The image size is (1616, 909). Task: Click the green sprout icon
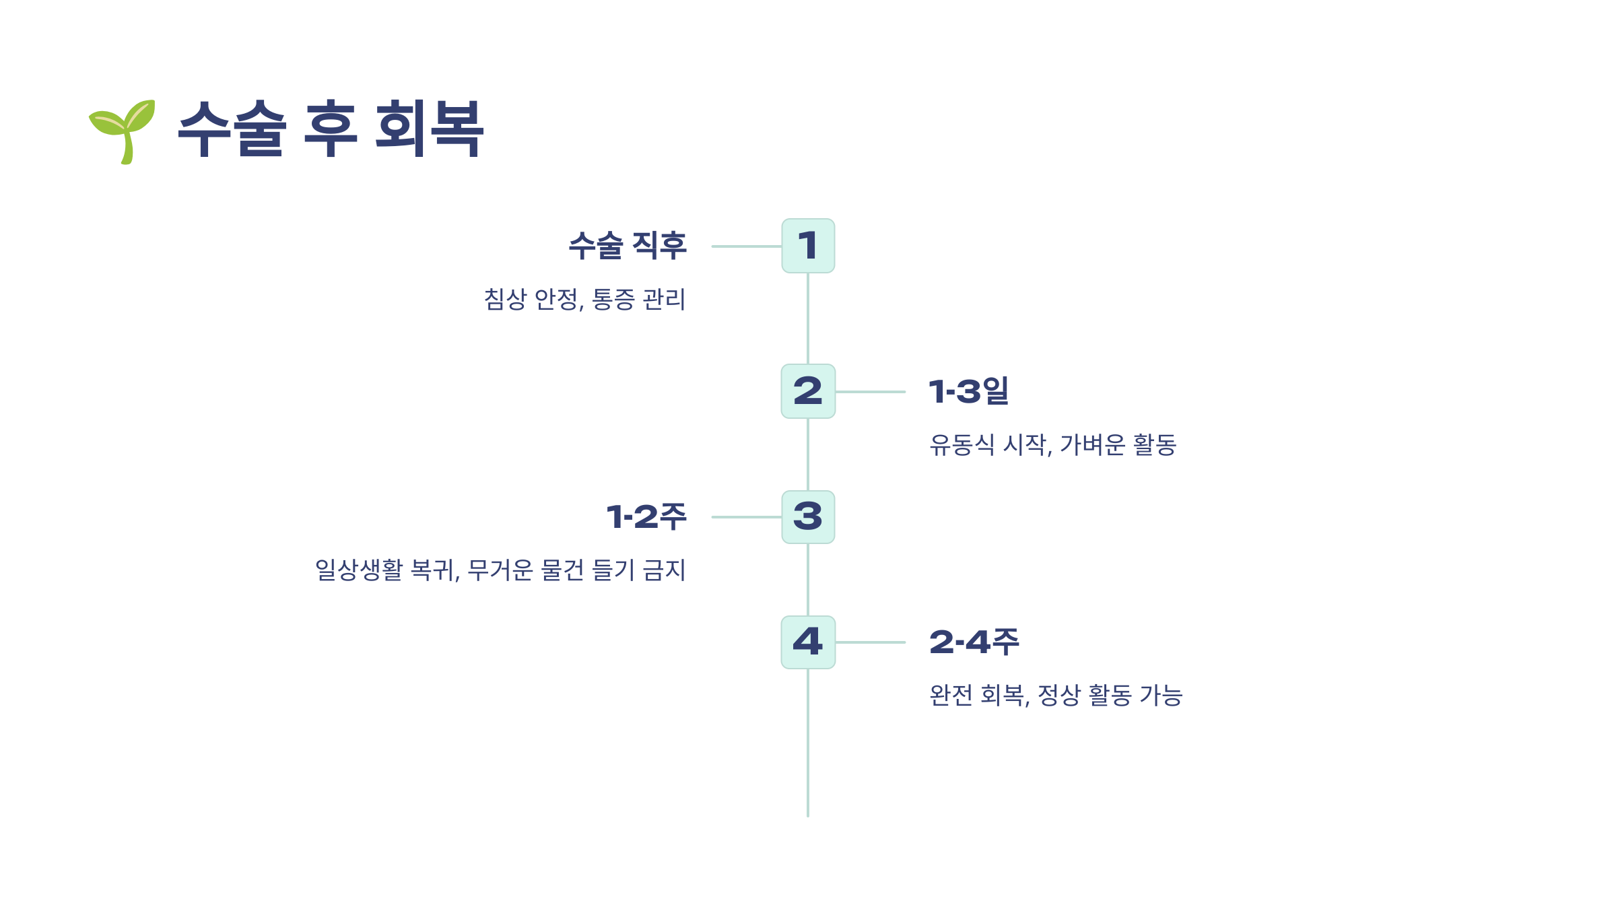123,131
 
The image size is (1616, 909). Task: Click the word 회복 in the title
429,129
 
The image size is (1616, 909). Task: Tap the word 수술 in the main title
232,129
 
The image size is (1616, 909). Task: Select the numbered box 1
808,246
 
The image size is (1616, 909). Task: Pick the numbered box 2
808,391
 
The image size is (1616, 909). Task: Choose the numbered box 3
808,517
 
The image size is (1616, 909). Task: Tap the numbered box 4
808,642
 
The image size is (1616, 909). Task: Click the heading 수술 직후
628,245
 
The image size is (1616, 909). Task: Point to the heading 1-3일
969,391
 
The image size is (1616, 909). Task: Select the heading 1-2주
646,517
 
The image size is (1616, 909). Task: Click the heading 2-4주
974,642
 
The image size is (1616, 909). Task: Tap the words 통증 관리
638,300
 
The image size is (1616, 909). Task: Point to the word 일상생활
359,570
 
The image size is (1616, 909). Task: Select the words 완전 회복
978,696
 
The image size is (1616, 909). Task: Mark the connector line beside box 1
746,246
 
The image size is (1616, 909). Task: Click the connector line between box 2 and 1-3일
870,392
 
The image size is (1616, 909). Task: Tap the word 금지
665,570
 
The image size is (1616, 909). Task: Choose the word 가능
1161,696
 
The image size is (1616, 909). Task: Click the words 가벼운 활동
1118,445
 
